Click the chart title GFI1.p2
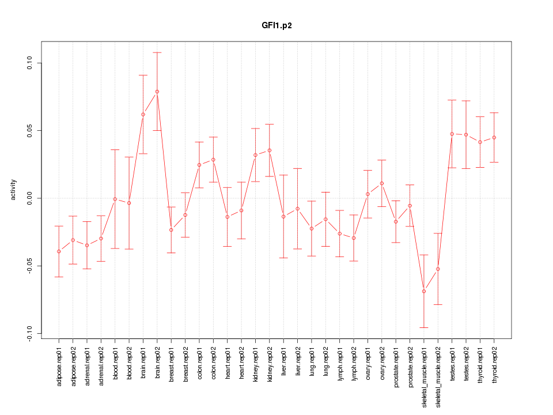[276, 26]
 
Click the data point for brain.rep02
[157, 92]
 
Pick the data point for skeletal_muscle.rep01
[424, 291]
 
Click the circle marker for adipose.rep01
[59, 251]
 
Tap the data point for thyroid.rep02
[494, 137]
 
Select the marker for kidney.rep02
[270, 150]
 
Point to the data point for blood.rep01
[115, 199]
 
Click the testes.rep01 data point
[452, 134]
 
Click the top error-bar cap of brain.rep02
[157, 52]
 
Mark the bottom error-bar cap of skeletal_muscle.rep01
[424, 327]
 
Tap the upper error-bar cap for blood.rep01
[115, 150]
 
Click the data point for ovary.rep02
[382, 183]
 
